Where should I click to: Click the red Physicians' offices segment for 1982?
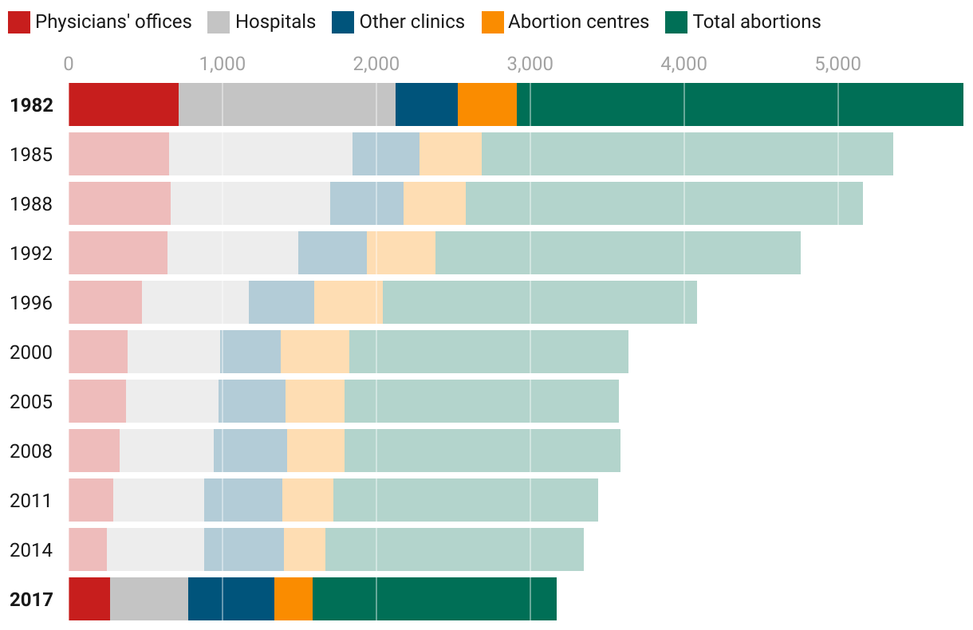pos(124,104)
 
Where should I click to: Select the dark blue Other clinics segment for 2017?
pos(231,599)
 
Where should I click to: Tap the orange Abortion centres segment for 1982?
pos(487,104)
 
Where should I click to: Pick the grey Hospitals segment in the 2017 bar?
pos(149,599)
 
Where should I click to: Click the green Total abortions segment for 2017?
pos(435,599)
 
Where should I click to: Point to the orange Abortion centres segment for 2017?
pos(293,599)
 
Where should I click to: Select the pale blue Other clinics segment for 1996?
pos(282,302)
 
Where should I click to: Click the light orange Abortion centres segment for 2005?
pos(315,401)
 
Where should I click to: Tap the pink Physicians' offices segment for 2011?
pos(91,500)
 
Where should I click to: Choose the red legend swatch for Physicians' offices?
pos(19,22)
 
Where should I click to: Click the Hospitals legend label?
pos(275,22)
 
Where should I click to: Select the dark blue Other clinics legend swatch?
pos(343,22)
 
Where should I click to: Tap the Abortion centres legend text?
pos(578,22)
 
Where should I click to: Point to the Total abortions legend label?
pos(756,22)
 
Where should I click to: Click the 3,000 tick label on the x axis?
pos(530,64)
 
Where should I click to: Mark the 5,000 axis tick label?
pos(837,64)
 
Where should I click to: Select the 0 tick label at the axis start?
pos(69,64)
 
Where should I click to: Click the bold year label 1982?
pos(31,104)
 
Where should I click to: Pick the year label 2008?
pos(31,451)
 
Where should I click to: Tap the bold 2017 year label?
pos(31,599)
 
